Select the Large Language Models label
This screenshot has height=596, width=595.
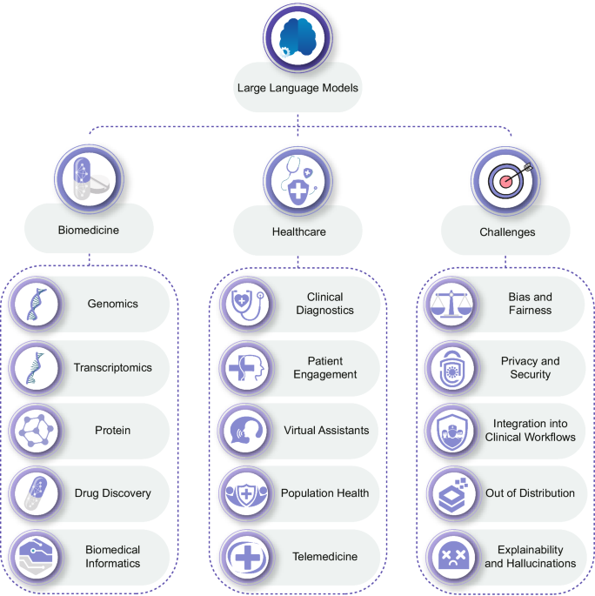point(297,87)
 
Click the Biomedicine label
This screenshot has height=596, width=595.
point(89,232)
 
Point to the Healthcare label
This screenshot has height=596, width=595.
point(298,232)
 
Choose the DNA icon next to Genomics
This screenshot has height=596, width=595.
point(37,305)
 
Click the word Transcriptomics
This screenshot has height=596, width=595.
point(113,367)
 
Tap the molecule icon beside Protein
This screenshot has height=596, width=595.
point(37,430)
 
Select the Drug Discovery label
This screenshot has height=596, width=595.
point(113,492)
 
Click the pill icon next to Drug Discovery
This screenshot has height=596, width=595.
point(37,492)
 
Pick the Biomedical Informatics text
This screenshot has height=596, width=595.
point(113,556)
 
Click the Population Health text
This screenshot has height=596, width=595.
point(324,492)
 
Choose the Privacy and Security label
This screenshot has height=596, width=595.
point(531,367)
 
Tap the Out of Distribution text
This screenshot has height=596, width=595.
point(531,492)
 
